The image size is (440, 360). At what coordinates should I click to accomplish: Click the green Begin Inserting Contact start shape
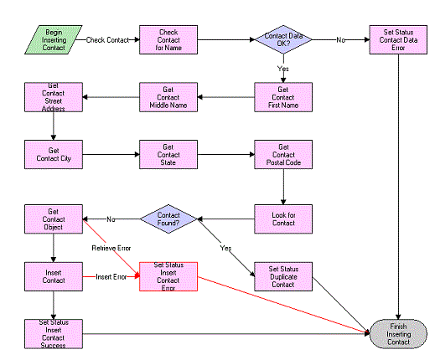(x=53, y=39)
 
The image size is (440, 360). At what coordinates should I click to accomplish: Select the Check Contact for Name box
(x=168, y=39)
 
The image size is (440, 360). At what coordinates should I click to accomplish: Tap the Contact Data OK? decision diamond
(x=283, y=39)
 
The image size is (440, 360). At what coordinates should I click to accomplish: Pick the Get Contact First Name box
(x=283, y=98)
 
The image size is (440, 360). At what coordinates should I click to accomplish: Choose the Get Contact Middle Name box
(x=168, y=98)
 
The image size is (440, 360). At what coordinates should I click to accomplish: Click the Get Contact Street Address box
(x=53, y=96)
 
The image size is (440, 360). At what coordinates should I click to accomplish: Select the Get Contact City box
(x=53, y=154)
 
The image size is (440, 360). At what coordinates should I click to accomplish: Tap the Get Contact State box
(x=168, y=154)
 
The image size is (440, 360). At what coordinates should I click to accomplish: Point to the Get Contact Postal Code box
(x=283, y=154)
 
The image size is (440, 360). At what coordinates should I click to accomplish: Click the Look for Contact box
(x=283, y=219)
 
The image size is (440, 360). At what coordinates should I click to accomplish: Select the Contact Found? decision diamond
(x=168, y=220)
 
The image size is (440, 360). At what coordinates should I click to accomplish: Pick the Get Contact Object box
(x=53, y=220)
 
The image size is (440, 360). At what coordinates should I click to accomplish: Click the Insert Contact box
(x=53, y=276)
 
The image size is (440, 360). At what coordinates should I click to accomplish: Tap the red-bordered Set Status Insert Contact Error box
(x=168, y=276)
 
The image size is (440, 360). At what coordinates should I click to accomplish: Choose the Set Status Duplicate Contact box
(x=283, y=276)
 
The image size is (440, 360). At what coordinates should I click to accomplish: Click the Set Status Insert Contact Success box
(x=53, y=332)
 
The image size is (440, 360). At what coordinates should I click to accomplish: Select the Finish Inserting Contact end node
(x=398, y=332)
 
